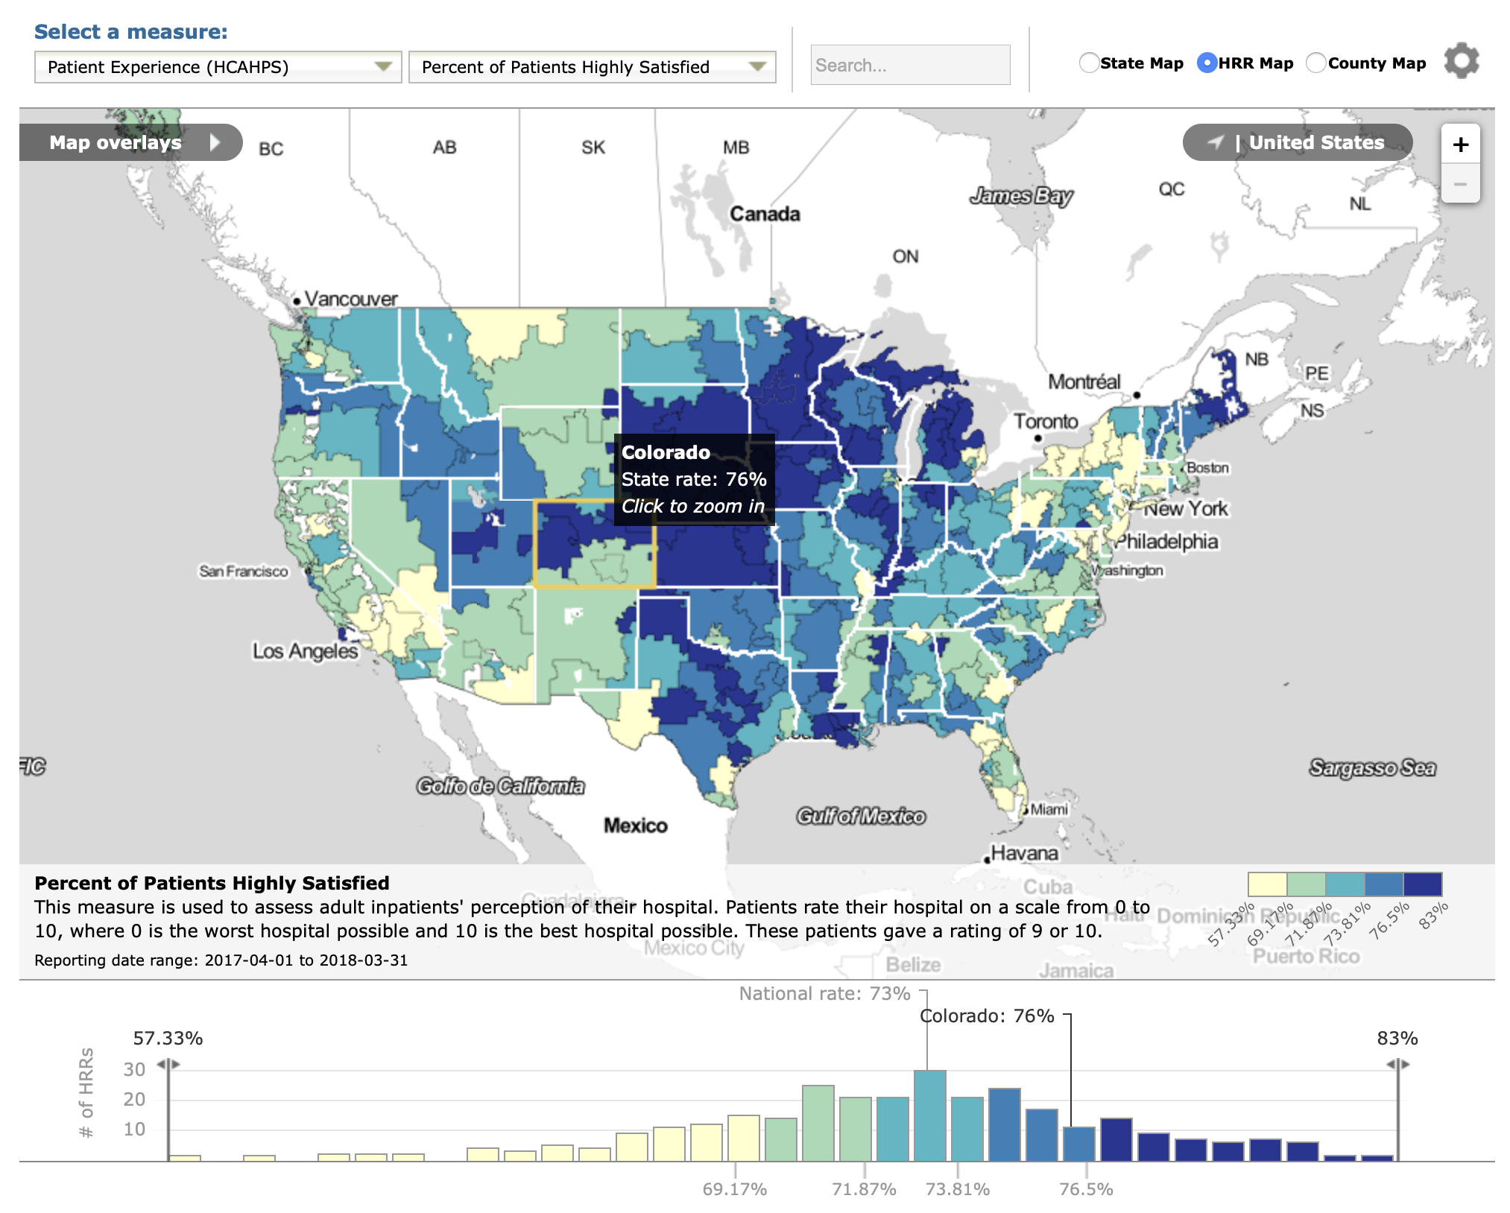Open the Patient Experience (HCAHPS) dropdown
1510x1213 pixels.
(218, 67)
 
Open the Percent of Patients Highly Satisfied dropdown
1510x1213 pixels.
(592, 67)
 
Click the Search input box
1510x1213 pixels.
(909, 66)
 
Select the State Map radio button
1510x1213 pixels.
(1089, 63)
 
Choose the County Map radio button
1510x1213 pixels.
(1316, 63)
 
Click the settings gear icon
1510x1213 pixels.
(1461, 61)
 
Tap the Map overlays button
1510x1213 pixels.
(130, 142)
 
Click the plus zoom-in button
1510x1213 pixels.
(1460, 145)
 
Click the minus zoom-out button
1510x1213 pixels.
(1460, 184)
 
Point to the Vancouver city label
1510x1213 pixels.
(350, 299)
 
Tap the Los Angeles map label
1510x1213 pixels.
(305, 651)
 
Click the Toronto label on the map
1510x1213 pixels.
(1045, 422)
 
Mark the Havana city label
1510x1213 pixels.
(1024, 853)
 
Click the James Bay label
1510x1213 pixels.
(1020, 196)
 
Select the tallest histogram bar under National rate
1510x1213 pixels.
(929, 1115)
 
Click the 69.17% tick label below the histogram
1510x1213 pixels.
(734, 1188)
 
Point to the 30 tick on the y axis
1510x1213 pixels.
(134, 1069)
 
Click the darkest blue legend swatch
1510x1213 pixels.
(1422, 884)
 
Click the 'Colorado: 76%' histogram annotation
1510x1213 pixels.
(987, 1016)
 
